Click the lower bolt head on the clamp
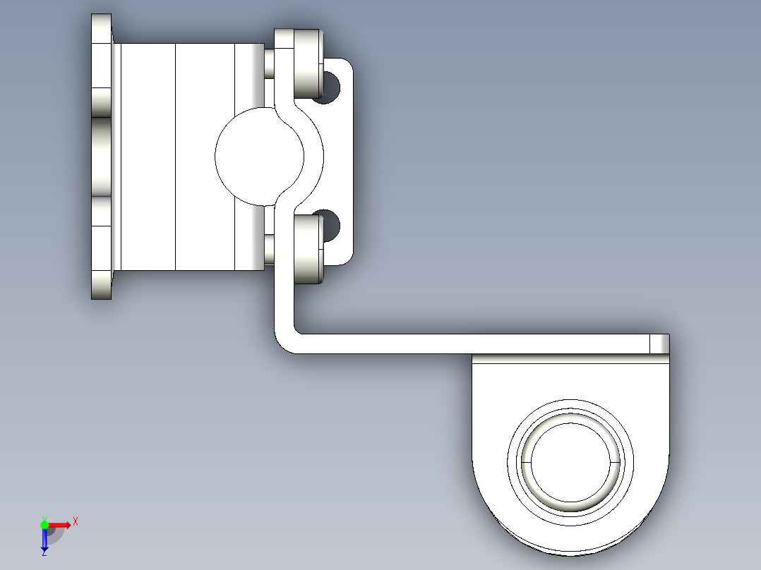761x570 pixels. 307,249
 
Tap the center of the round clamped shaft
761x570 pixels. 258,156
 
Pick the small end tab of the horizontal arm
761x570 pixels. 659,344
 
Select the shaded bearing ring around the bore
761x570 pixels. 570,502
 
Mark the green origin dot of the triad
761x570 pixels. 45,524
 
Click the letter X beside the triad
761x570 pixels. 76,522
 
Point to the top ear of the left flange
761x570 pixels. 101,28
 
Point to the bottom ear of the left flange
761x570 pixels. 101,285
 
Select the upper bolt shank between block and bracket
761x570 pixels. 269,63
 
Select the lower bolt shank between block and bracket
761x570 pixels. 269,248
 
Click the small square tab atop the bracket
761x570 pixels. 284,38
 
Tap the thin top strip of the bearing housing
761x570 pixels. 569,358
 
